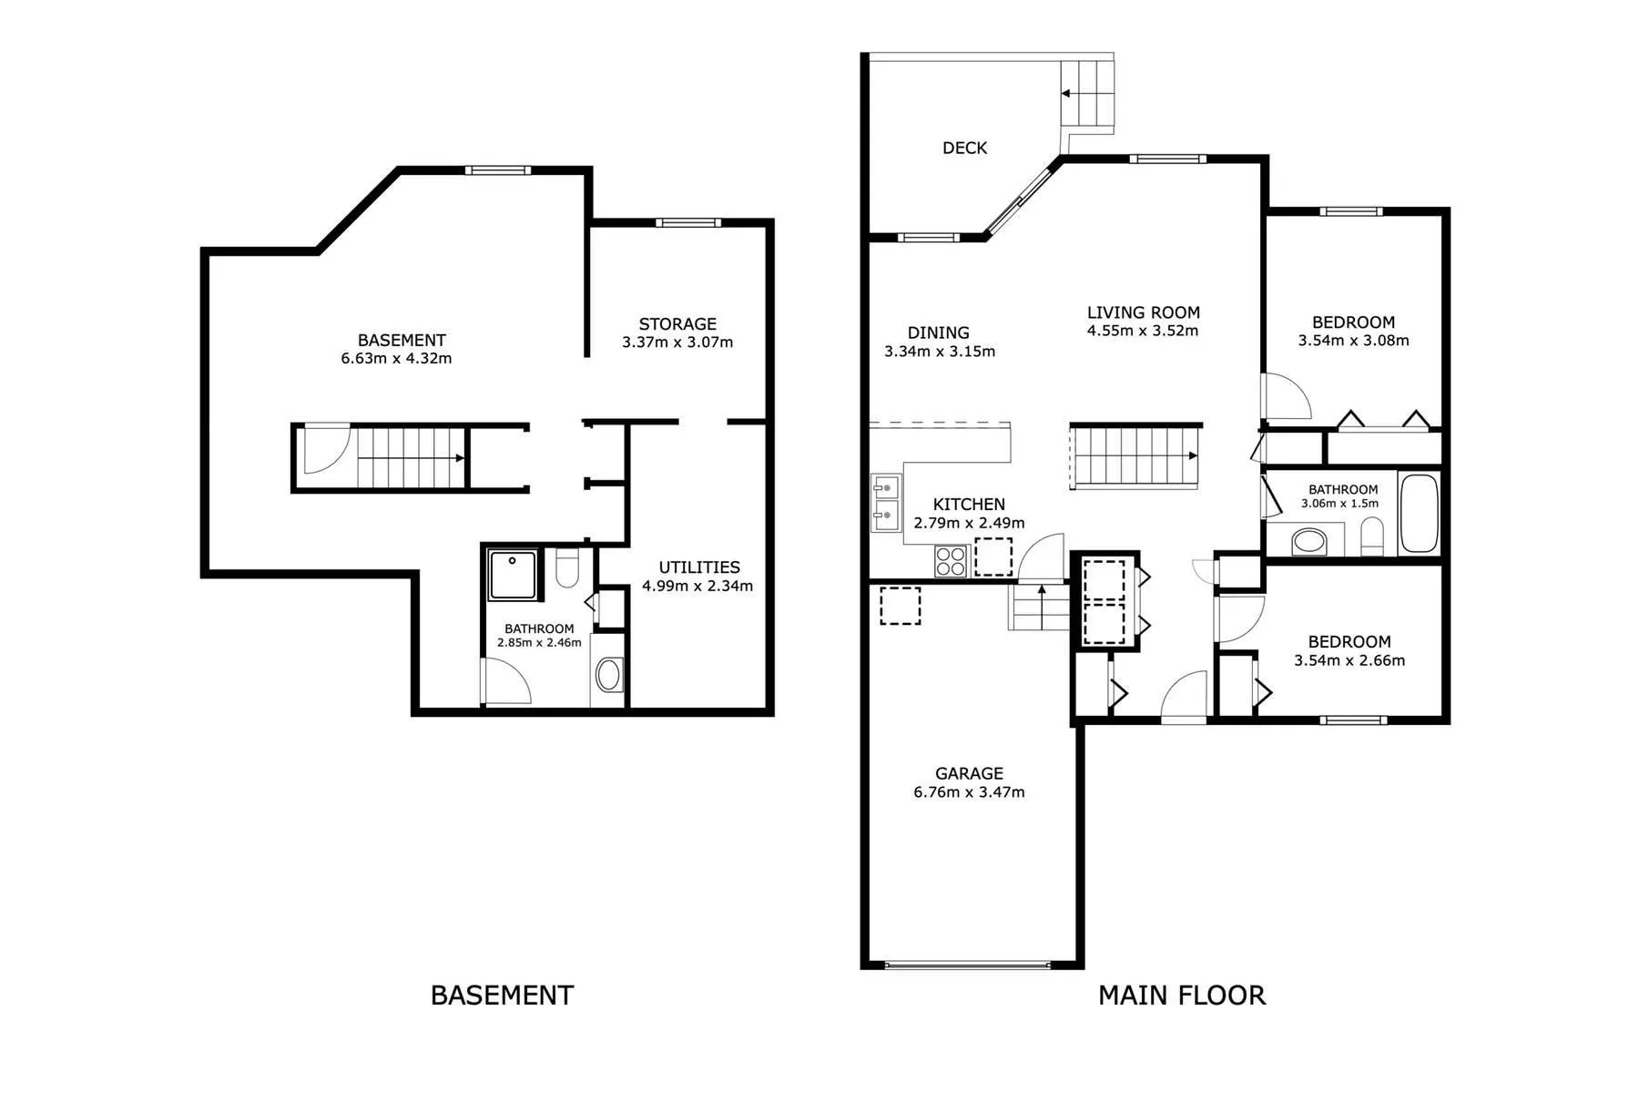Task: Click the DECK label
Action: (964, 148)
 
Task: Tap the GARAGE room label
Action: (969, 773)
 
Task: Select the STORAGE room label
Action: (677, 323)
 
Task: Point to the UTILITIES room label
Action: (699, 567)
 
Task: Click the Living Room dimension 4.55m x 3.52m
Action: (1143, 331)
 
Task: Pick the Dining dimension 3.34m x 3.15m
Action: (940, 351)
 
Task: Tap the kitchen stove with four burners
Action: (952, 560)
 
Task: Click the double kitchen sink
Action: (884, 502)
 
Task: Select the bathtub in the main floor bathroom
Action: (1419, 513)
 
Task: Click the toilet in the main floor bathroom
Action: (1372, 536)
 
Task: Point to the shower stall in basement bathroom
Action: (514, 574)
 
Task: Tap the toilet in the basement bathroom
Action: (566, 567)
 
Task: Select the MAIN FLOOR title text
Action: (1182, 996)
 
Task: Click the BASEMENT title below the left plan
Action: (502, 996)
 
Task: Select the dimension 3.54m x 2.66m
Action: (1349, 660)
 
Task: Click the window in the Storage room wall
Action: (688, 222)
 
